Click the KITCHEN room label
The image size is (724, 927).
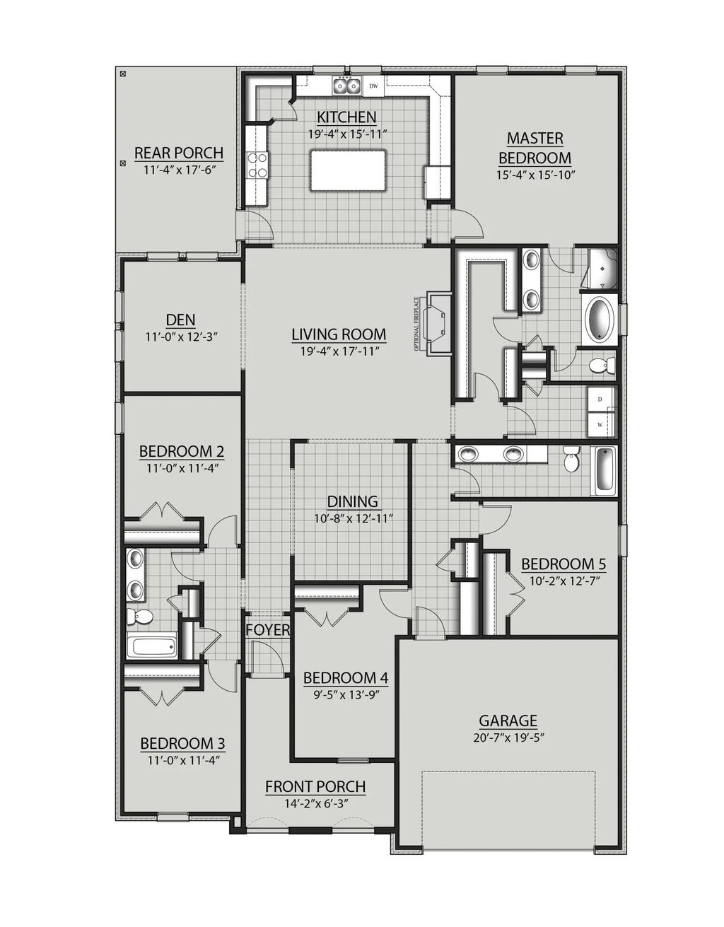coord(346,117)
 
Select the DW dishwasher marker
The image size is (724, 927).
coord(373,86)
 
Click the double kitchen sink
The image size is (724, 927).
coord(346,86)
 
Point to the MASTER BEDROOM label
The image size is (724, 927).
coord(535,148)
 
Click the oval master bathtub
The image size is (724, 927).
coord(600,320)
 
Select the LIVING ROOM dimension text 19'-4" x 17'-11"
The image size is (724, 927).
coord(339,351)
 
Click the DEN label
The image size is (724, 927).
coord(181,320)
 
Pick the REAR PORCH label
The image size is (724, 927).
coord(179,153)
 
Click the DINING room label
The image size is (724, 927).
coord(352,501)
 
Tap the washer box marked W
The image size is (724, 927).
coord(600,424)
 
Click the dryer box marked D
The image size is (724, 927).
coord(600,400)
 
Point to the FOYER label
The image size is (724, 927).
coord(267,629)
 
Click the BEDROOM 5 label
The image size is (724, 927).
coord(563,564)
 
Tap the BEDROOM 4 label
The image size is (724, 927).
coord(346,677)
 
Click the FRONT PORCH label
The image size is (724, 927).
coord(315,786)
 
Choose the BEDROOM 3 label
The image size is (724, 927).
coord(182,743)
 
